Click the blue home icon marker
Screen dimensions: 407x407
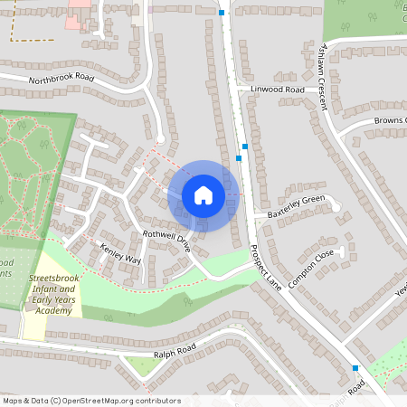click(x=203, y=194)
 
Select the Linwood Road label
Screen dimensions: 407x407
click(x=277, y=90)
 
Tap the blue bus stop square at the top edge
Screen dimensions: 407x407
click(x=222, y=13)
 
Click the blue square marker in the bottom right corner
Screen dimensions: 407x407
click(x=355, y=367)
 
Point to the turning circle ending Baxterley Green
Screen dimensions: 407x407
click(x=336, y=208)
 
